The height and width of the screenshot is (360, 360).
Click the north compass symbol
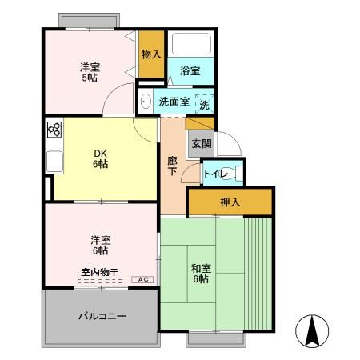tap(312, 331)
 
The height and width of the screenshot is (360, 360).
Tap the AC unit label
tap(142, 279)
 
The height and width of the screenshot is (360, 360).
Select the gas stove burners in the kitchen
tap(54, 130)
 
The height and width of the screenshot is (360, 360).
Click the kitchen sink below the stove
tap(54, 162)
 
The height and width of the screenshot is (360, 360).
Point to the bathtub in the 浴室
tap(191, 43)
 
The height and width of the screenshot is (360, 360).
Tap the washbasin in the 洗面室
tap(146, 101)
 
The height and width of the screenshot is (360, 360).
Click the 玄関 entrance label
tap(202, 144)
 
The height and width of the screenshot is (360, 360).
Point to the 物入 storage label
tap(151, 54)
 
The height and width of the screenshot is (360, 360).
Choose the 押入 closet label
tap(230, 202)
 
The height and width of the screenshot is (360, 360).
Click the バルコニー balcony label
tap(102, 317)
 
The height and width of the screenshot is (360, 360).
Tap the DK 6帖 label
tap(101, 159)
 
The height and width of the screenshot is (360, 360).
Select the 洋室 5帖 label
tap(90, 72)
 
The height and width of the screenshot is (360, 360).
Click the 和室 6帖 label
tap(201, 274)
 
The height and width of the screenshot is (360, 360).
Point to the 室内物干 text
tap(99, 272)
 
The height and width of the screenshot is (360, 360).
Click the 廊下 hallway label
tap(172, 166)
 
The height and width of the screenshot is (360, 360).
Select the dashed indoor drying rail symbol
tap(100, 281)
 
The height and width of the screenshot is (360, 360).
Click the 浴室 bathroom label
tap(190, 71)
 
